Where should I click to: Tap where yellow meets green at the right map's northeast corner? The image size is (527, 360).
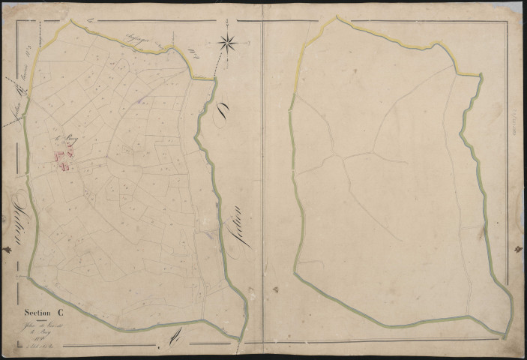tap(480, 75)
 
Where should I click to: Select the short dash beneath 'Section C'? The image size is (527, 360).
tap(40, 319)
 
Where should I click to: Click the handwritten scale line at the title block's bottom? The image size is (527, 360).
tap(39, 346)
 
